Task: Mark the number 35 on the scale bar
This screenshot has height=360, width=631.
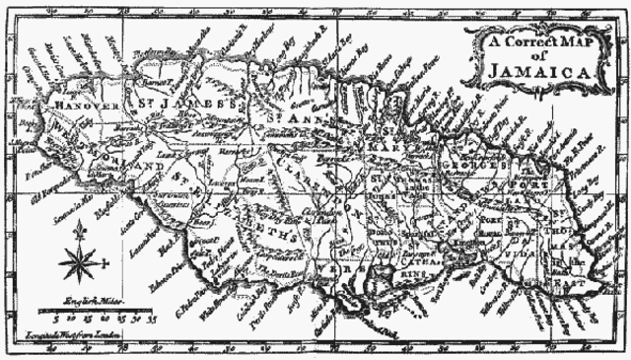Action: click(151, 321)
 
